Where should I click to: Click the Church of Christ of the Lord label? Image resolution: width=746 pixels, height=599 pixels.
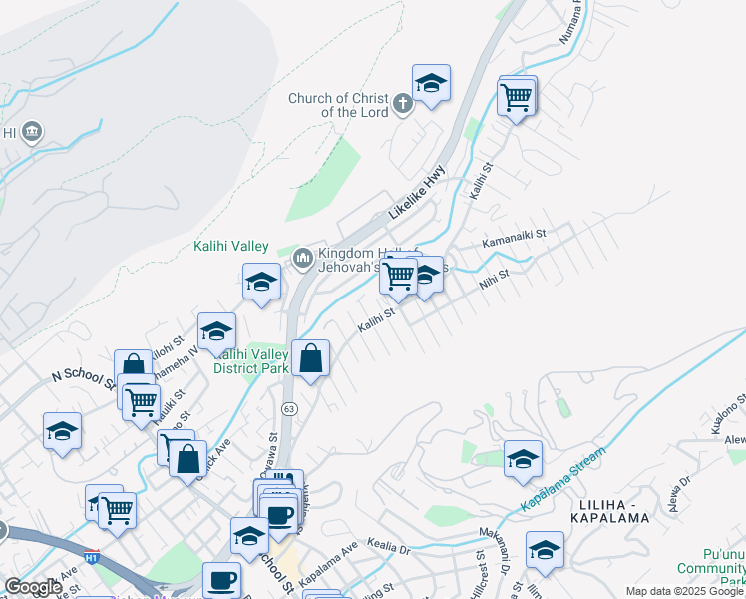click(x=338, y=105)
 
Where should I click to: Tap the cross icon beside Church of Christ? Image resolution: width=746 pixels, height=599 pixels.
click(x=402, y=103)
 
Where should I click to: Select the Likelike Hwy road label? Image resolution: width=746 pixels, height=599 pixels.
click(x=417, y=192)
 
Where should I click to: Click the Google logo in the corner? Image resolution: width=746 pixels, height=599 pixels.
click(x=32, y=587)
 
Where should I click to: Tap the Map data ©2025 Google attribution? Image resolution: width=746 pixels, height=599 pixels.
click(x=684, y=591)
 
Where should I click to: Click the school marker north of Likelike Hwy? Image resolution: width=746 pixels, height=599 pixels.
click(x=431, y=84)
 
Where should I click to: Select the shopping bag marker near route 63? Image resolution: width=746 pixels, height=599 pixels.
click(x=310, y=358)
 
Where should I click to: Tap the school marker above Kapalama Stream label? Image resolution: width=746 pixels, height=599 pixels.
click(x=523, y=459)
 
